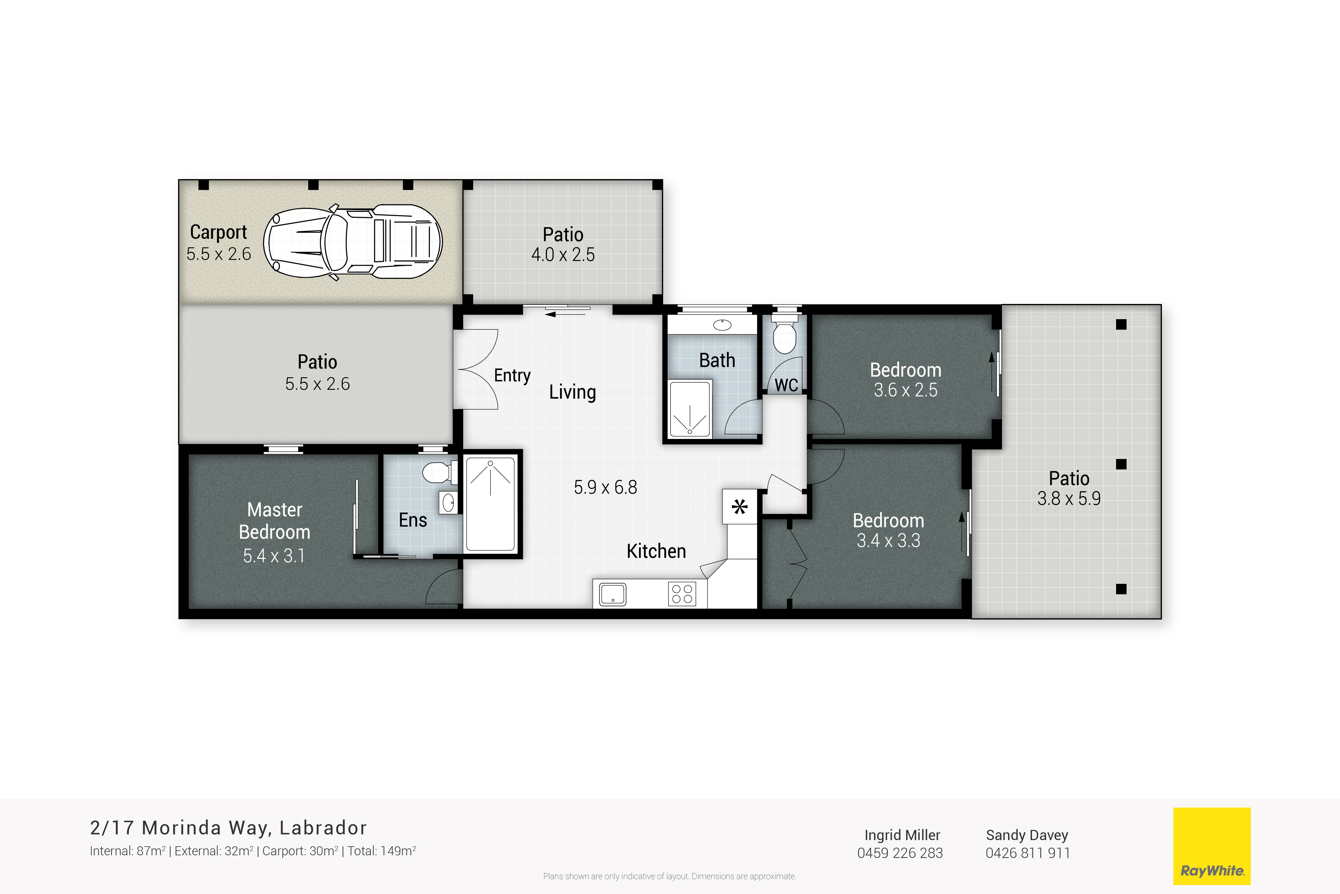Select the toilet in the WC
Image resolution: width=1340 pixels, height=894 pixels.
click(785, 336)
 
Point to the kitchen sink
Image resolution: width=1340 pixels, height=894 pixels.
click(613, 594)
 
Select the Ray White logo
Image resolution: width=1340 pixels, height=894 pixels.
click(1212, 845)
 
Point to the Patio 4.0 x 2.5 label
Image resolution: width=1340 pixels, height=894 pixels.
click(563, 244)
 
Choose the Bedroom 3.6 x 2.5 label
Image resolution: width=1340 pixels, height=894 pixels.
click(905, 380)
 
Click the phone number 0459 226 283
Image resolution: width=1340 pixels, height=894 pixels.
click(900, 853)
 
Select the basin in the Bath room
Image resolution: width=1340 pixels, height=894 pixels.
click(722, 325)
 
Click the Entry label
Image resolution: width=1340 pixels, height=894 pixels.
click(512, 375)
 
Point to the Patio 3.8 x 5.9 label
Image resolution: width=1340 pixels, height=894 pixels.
click(1069, 488)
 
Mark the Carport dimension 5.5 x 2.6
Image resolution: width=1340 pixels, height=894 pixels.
click(219, 254)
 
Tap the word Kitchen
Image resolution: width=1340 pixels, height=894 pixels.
click(656, 551)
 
